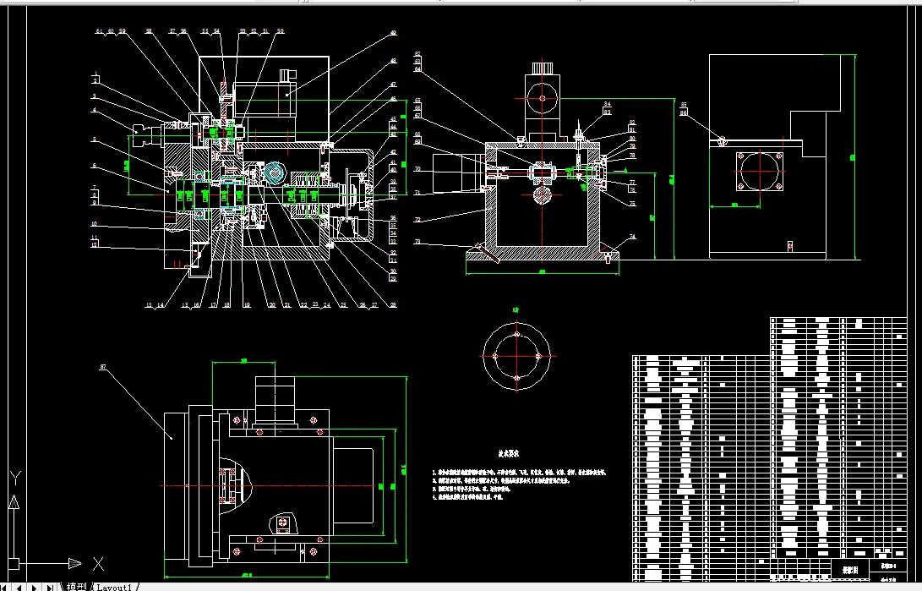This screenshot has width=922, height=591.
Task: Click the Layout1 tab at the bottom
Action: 113,586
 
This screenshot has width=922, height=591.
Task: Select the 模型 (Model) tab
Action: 76,586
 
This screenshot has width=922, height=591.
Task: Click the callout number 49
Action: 393,34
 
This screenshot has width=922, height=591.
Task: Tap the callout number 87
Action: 103,367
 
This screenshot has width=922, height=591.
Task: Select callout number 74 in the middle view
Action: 631,238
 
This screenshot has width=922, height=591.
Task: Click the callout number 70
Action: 417,169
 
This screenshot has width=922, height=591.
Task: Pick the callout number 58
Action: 148,31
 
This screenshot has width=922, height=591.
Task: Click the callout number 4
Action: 95,110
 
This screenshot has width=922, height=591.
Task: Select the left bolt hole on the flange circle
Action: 494,356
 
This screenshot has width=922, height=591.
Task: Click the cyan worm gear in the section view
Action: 274,173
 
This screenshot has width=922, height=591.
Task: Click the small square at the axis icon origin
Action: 13,562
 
